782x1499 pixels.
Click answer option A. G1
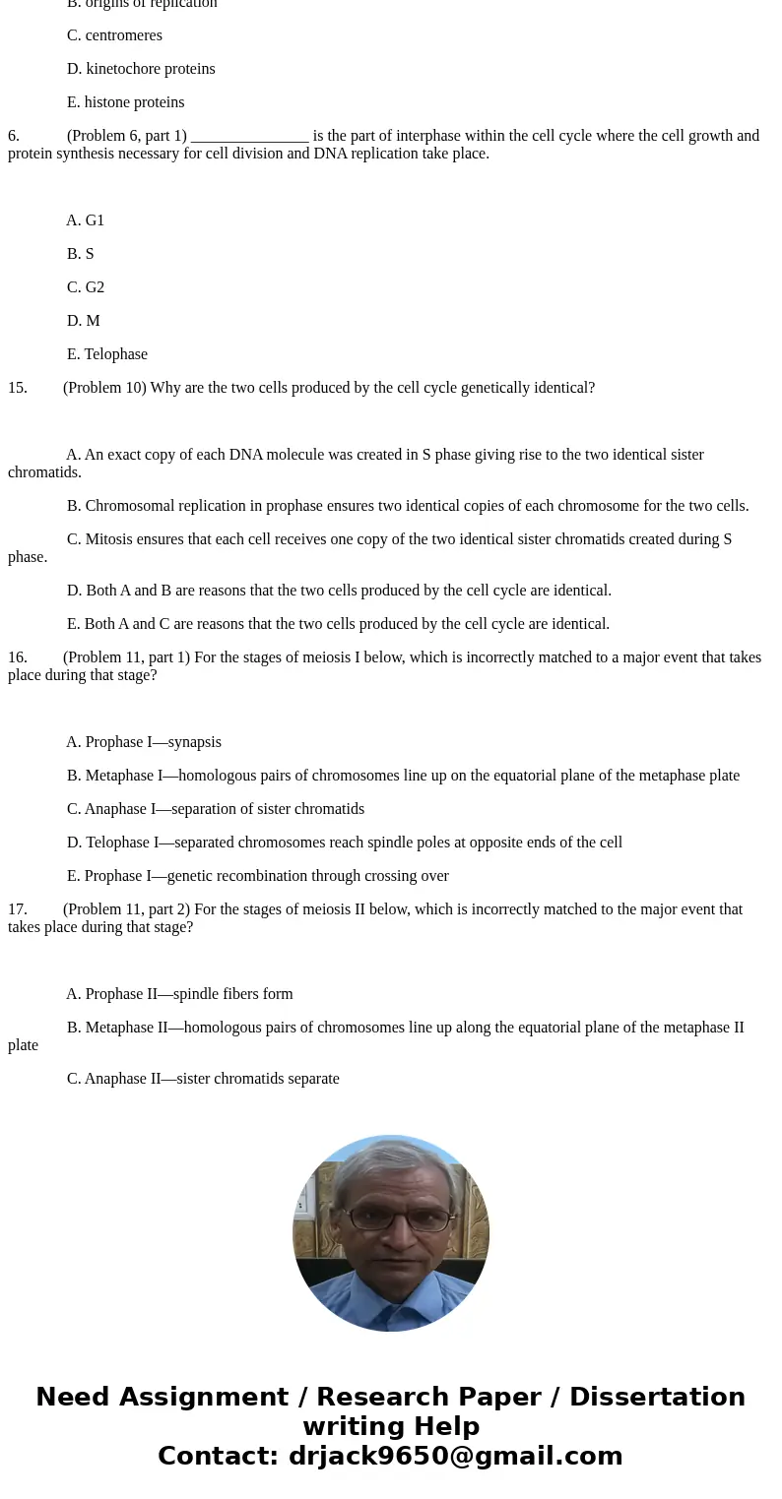click(86, 220)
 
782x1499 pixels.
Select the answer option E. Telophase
click(107, 354)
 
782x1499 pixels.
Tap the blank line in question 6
click(250, 137)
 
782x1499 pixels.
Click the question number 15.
click(18, 388)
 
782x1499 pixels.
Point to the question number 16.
click(18, 657)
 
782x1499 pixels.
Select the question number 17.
click(18, 909)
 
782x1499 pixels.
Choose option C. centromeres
click(114, 35)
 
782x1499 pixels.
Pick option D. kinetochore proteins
click(141, 69)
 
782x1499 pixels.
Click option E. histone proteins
click(126, 102)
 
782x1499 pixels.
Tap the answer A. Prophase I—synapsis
click(144, 742)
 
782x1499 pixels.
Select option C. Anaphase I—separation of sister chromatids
click(216, 809)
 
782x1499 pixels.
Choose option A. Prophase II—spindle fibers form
click(180, 994)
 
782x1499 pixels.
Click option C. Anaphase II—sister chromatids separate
click(203, 1079)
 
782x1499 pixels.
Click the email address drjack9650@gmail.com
click(456, 1456)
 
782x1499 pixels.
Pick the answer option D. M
click(84, 321)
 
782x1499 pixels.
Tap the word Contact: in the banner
click(219, 1456)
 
